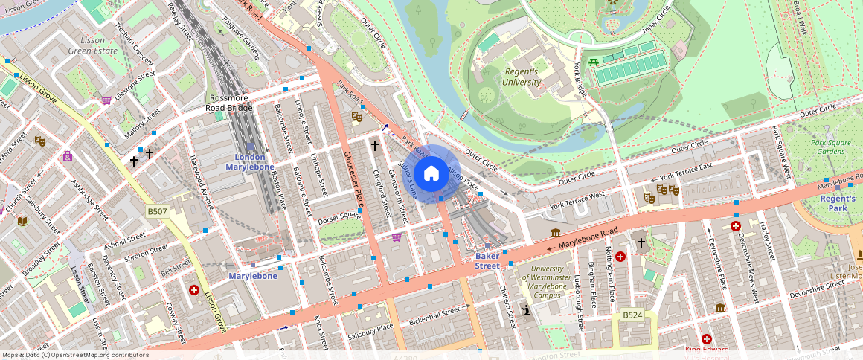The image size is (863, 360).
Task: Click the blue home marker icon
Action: (x=431, y=174)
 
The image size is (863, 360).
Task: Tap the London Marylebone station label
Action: (x=249, y=162)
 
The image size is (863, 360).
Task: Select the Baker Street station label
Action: (x=487, y=260)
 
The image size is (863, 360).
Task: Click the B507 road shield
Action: (x=157, y=212)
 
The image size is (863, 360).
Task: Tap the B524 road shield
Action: (x=632, y=315)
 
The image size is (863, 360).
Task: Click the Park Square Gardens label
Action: (x=827, y=147)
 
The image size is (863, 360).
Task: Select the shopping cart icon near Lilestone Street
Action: (x=106, y=100)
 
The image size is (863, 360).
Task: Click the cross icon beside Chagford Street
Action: (x=375, y=146)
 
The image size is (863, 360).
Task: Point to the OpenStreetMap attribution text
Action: (x=75, y=355)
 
